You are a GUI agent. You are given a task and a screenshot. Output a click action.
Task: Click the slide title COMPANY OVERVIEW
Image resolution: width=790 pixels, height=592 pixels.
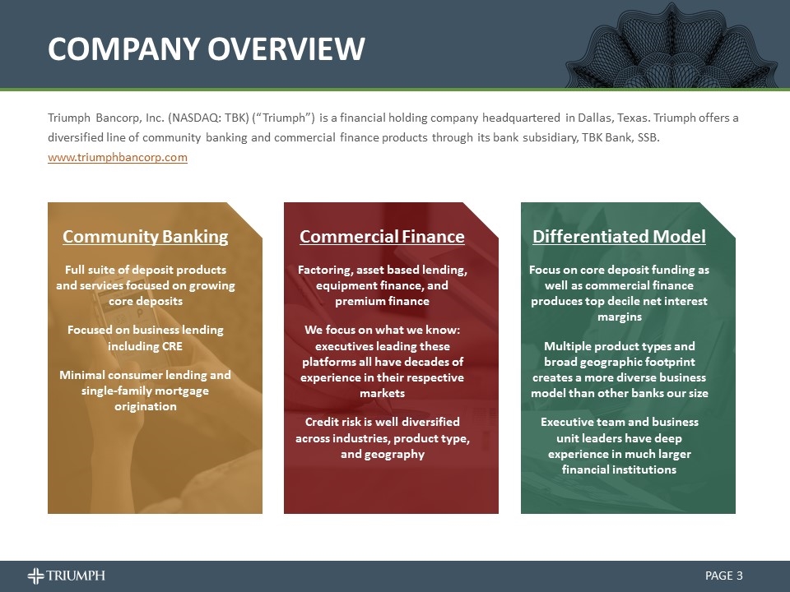pos(206,49)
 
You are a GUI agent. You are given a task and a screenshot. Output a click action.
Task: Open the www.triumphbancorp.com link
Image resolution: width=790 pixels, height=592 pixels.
pos(118,157)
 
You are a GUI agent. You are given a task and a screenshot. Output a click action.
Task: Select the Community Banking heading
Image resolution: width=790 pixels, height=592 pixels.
pos(146,237)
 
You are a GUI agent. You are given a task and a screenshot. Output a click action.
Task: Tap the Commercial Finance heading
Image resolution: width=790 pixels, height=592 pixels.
pos(382,237)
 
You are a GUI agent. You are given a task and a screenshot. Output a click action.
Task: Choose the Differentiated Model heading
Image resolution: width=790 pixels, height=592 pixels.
pos(619,237)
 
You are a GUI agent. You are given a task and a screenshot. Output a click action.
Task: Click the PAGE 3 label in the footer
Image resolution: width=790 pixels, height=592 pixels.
pos(724,576)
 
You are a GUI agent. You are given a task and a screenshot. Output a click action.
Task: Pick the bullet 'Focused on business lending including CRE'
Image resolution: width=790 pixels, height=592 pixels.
pos(145,338)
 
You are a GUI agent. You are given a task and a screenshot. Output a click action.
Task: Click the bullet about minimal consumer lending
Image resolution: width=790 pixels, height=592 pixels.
pos(146,390)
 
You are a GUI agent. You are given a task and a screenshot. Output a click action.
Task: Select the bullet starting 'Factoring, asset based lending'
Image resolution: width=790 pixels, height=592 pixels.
pos(382,285)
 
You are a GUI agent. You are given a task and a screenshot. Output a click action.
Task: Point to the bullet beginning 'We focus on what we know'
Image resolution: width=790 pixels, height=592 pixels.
pos(382,361)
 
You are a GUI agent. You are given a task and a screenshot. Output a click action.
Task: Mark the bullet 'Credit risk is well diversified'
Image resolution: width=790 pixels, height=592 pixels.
pos(382,437)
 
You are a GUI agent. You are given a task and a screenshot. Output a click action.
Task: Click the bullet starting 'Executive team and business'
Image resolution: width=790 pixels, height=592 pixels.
pos(619,445)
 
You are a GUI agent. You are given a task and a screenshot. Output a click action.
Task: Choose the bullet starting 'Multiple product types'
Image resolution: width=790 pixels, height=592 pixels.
pos(619,369)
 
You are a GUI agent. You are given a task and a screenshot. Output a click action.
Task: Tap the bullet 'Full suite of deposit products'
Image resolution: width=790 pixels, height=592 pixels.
pos(146,285)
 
